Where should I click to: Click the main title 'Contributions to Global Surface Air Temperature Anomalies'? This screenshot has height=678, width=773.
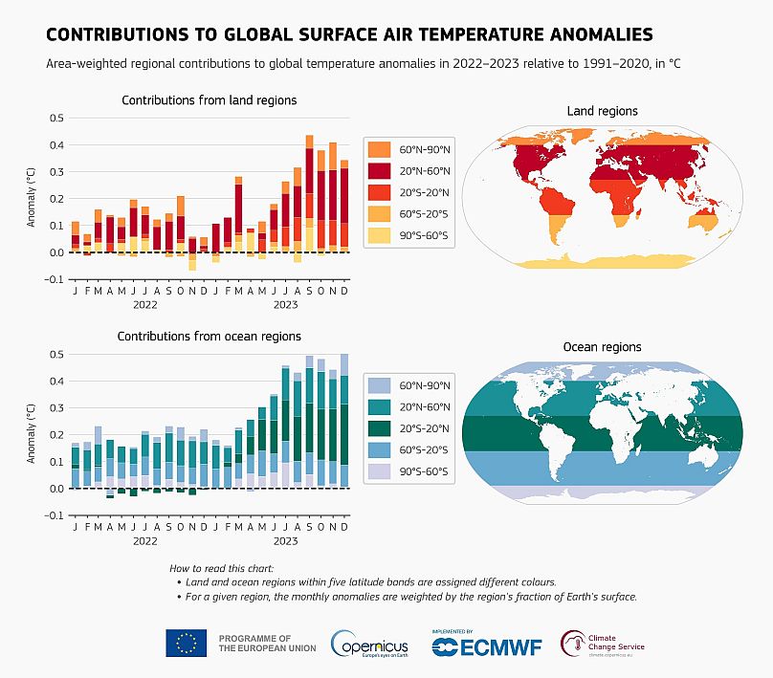(x=349, y=34)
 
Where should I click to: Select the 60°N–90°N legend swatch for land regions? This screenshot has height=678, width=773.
(x=379, y=149)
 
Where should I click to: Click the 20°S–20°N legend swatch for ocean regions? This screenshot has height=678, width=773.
(x=379, y=427)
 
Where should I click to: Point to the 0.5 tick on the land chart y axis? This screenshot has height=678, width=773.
(x=55, y=119)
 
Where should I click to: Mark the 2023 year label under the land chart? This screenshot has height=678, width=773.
(x=286, y=305)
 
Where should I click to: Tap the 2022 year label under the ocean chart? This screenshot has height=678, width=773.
(x=144, y=541)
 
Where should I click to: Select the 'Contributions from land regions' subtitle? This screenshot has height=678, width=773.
(x=209, y=100)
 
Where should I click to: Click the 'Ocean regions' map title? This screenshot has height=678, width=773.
(x=602, y=347)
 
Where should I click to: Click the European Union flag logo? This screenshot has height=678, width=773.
(x=187, y=644)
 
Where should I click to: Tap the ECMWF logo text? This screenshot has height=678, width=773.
(x=487, y=647)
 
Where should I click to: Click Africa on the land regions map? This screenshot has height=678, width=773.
(x=602, y=197)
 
